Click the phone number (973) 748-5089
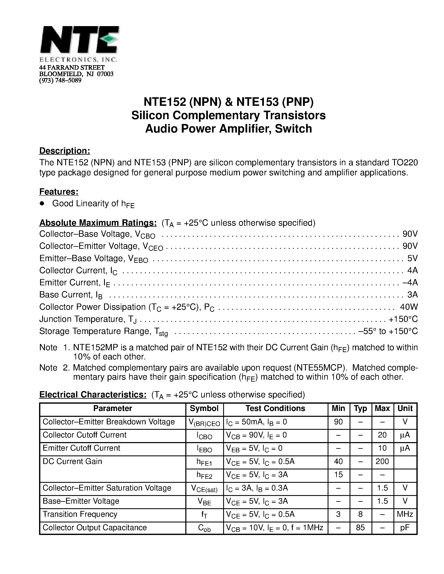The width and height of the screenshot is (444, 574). (x=60, y=80)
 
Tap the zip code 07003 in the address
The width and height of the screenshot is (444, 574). (x=105, y=74)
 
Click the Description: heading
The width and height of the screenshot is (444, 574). (x=65, y=151)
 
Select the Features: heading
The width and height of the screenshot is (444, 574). (x=59, y=192)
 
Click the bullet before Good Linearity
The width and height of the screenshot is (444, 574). (x=42, y=204)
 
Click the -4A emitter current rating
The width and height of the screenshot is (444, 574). (x=410, y=283)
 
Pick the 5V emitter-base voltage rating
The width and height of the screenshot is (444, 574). (x=412, y=258)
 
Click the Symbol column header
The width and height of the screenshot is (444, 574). (x=204, y=408)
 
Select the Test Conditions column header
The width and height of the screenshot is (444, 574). (x=275, y=408)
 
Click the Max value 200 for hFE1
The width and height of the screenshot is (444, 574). (x=382, y=461)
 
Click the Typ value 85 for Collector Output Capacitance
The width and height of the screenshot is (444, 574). (x=360, y=527)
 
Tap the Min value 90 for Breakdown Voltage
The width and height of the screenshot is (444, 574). (x=338, y=422)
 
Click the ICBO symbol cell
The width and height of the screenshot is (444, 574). (x=204, y=435)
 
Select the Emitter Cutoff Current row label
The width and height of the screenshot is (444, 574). (x=81, y=448)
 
